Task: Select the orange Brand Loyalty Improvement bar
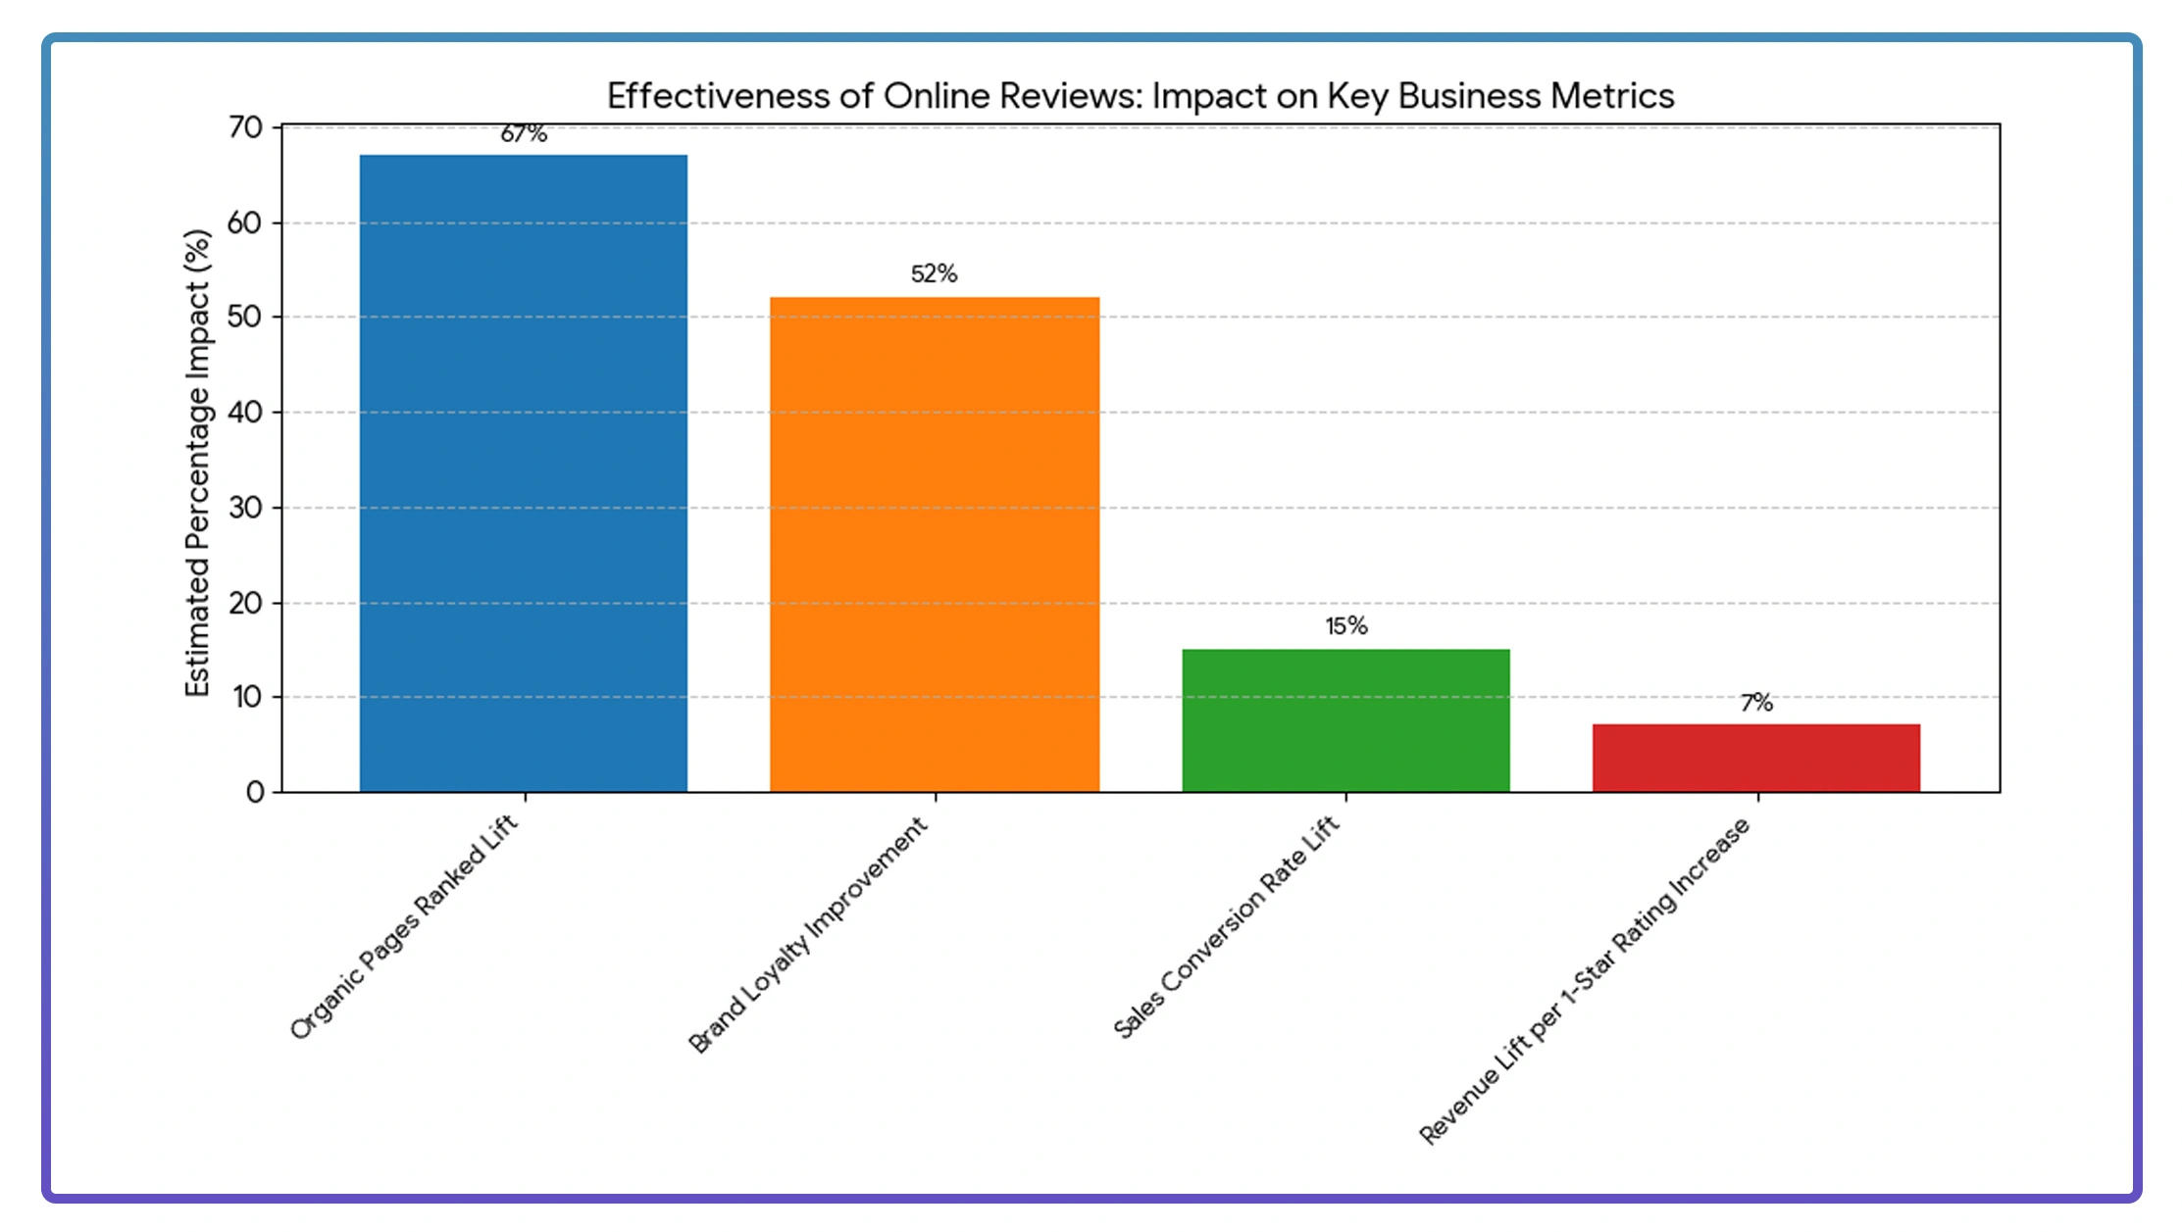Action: tap(934, 544)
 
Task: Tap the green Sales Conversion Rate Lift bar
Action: tap(1345, 719)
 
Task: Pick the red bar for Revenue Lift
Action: tap(1755, 758)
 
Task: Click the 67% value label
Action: tap(524, 134)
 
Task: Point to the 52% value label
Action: tap(934, 273)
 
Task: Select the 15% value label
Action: tap(1345, 626)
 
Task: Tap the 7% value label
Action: tap(1756, 703)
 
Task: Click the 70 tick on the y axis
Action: tap(245, 127)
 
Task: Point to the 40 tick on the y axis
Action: tap(245, 413)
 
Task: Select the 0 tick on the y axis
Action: tap(255, 792)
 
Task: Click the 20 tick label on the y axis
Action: tap(245, 603)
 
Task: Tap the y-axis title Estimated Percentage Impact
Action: tap(198, 463)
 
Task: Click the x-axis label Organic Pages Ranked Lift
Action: tap(404, 927)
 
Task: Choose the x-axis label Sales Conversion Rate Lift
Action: tap(1226, 927)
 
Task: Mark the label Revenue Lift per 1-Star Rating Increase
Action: tap(1584, 981)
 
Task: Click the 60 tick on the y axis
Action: tap(245, 223)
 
